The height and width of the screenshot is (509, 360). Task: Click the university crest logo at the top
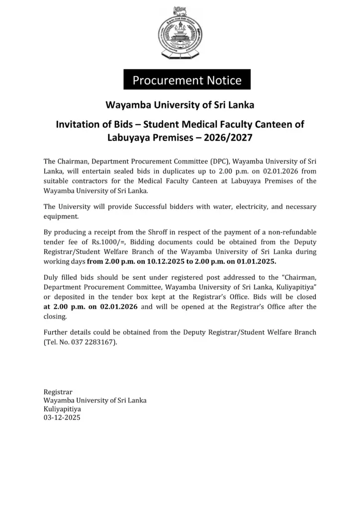pyautogui.click(x=180, y=33)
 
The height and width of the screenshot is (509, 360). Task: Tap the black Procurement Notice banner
pyautogui.click(x=187, y=80)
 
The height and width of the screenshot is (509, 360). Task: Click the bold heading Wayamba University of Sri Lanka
pyautogui.click(x=180, y=105)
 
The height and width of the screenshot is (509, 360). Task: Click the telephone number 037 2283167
pyautogui.click(x=97, y=342)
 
